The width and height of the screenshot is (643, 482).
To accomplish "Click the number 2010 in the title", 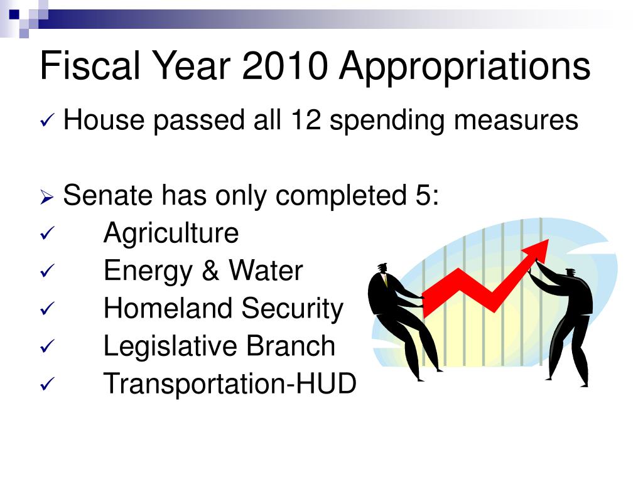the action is [x=285, y=65].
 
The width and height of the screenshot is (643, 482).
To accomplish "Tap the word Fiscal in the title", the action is [x=90, y=65].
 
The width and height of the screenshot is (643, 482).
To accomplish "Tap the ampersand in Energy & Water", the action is [x=210, y=270].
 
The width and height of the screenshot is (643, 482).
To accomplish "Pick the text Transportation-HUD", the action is [x=230, y=383].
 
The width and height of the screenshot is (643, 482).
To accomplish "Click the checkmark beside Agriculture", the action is [x=48, y=233].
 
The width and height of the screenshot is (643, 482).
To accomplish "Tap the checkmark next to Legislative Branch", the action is [x=48, y=346].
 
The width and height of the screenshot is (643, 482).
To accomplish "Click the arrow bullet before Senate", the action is [x=47, y=197].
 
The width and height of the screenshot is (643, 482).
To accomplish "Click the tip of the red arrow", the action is [x=548, y=240].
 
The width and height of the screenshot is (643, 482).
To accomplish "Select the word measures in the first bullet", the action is [x=516, y=120].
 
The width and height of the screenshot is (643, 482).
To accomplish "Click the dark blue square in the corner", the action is [x=14, y=15].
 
